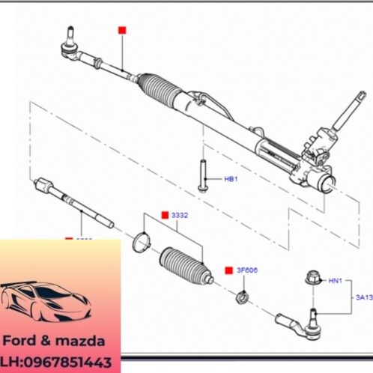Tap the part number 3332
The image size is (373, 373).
pyautogui.click(x=180, y=216)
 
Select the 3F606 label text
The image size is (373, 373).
pyautogui.click(x=248, y=269)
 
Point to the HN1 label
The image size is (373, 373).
pyautogui.click(x=335, y=281)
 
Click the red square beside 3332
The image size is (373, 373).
pyautogui.click(x=165, y=216)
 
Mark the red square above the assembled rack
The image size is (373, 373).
pyautogui.click(x=123, y=30)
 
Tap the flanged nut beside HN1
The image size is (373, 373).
pyautogui.click(x=312, y=279)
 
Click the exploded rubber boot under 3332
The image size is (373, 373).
pyautogui.click(x=184, y=264)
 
